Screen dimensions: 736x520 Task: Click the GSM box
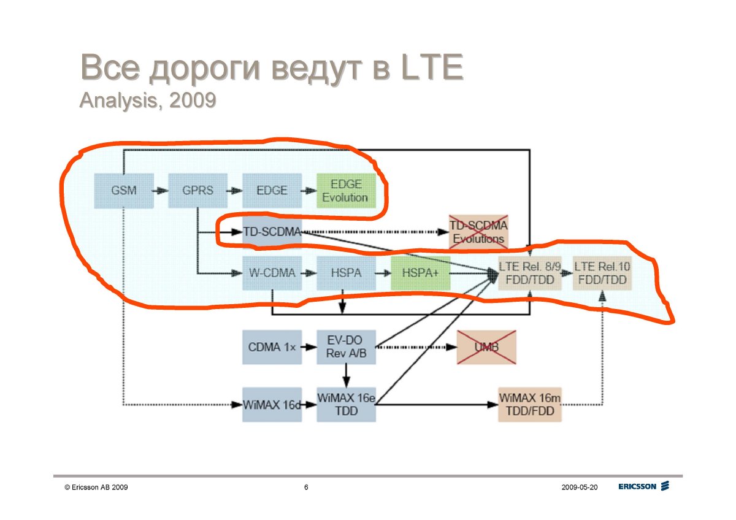pyautogui.click(x=124, y=191)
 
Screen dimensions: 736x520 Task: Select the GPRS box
pyautogui.click(x=197, y=191)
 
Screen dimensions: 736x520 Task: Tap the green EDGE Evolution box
pyautogui.click(x=346, y=191)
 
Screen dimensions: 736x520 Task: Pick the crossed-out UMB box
pyautogui.click(x=486, y=347)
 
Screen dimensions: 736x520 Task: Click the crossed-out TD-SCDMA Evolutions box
pyautogui.click(x=479, y=232)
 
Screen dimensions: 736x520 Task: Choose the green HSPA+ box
pyautogui.click(x=420, y=273)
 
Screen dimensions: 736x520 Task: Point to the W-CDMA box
pyautogui.click(x=272, y=273)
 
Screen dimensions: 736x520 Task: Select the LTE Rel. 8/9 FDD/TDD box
pyautogui.click(x=530, y=273)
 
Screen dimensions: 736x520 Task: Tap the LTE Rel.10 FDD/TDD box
pyautogui.click(x=602, y=273)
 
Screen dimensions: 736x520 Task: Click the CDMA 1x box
pyautogui.click(x=272, y=347)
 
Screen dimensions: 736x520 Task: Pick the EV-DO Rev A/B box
pyautogui.click(x=346, y=347)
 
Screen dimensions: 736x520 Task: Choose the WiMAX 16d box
pyautogui.click(x=272, y=405)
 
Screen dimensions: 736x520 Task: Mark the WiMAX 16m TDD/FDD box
pyautogui.click(x=530, y=405)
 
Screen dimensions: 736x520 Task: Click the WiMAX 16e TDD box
pyautogui.click(x=346, y=405)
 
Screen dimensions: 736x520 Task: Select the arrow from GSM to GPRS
pyautogui.click(x=160, y=191)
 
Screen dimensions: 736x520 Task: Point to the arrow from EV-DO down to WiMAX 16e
pyautogui.click(x=346, y=376)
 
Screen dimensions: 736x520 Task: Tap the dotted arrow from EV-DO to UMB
pyautogui.click(x=416, y=347)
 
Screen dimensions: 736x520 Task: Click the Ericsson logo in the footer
pyautogui.click(x=643, y=486)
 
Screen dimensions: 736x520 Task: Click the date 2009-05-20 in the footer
pyautogui.click(x=580, y=487)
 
